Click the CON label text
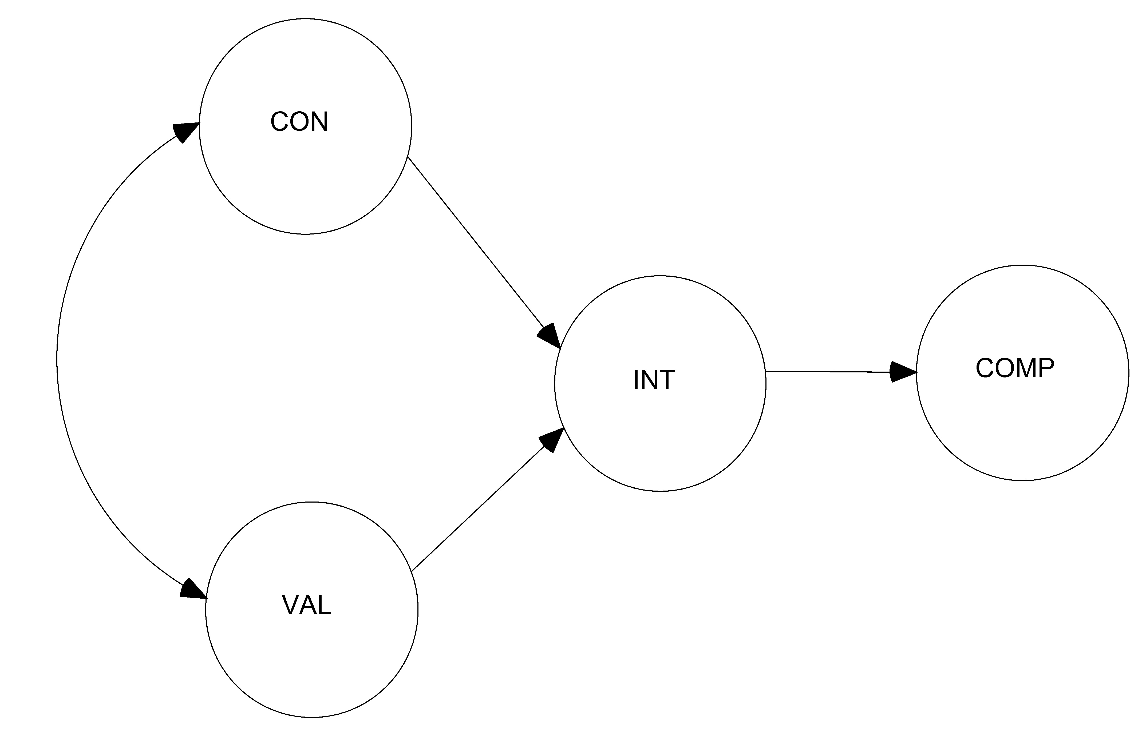299,122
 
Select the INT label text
654,380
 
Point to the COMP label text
1015,368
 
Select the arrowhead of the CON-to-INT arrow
549,336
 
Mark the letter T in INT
666,380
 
